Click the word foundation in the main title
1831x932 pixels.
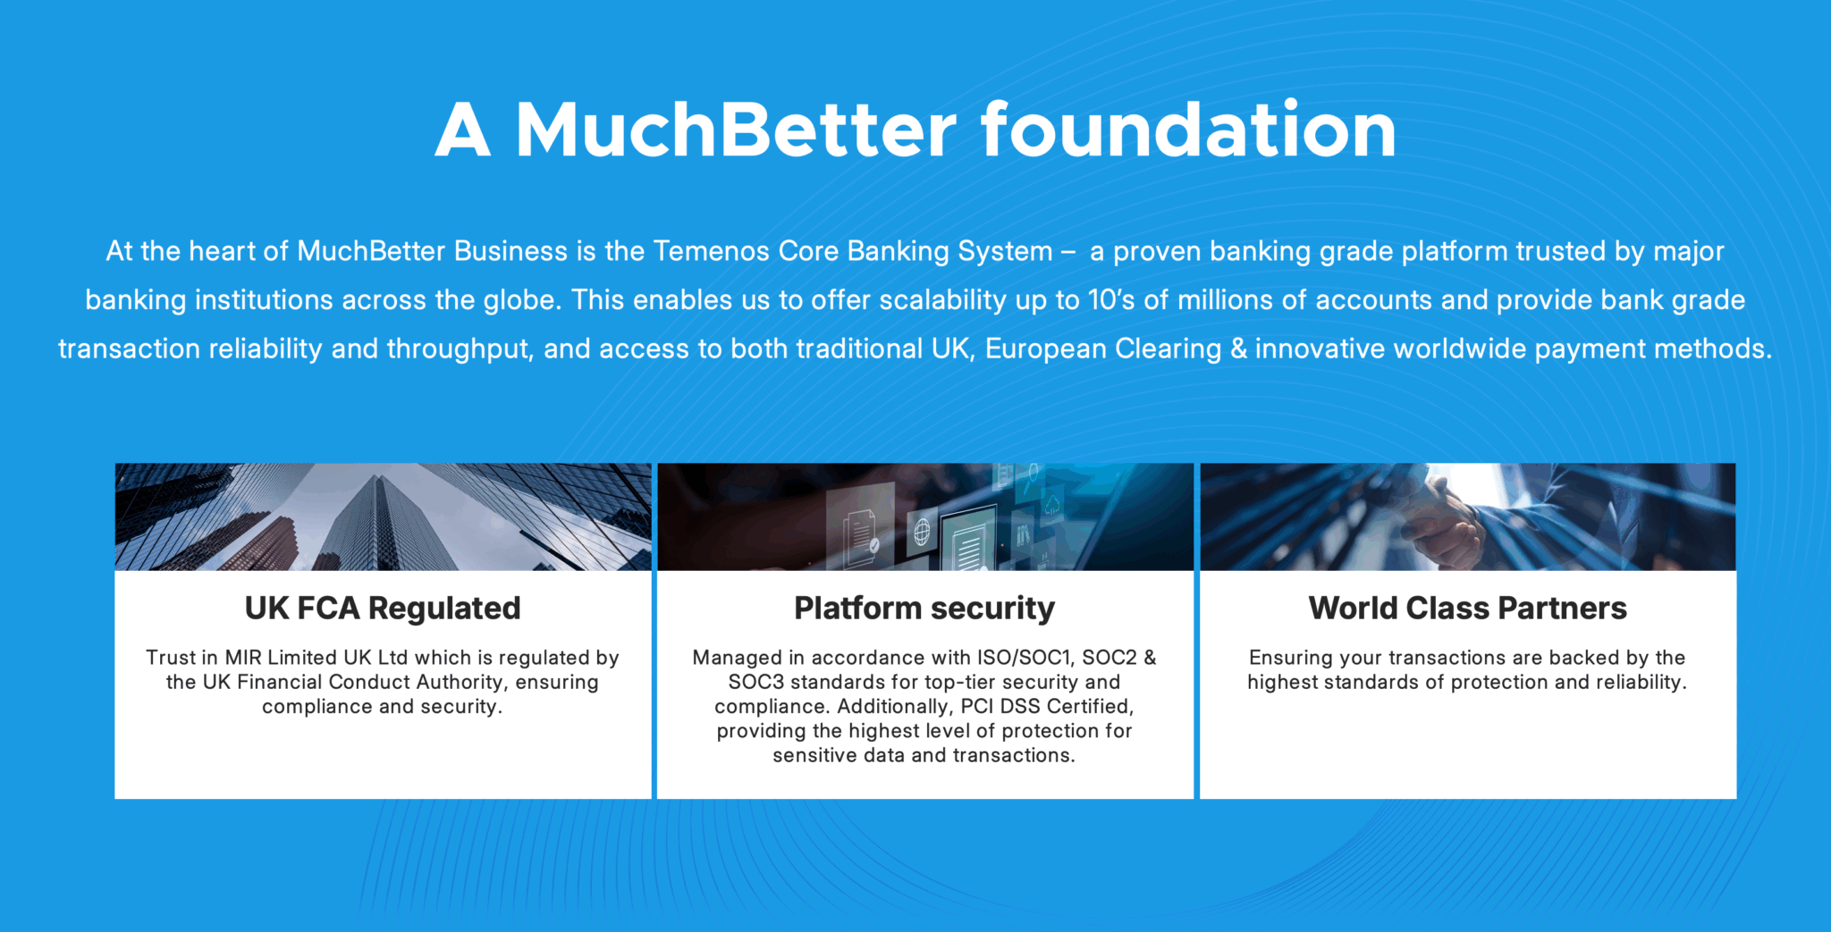point(1188,130)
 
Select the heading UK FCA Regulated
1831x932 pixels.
point(383,609)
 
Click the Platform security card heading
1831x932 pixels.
point(924,609)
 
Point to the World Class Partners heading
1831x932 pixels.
point(1468,609)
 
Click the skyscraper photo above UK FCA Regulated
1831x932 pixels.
point(383,516)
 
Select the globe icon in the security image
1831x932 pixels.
point(922,533)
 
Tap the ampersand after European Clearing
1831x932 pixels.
point(1238,348)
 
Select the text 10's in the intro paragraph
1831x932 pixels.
point(1111,300)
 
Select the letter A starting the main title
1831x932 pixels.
point(463,130)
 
